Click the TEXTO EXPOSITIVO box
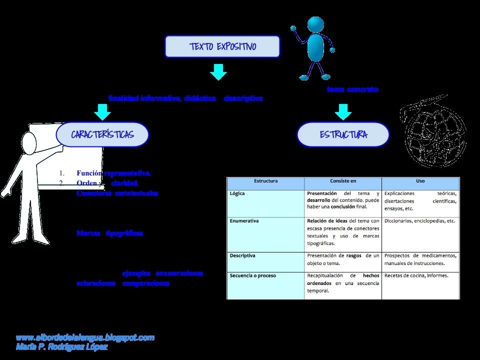(222, 47)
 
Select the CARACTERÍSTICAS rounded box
(102, 135)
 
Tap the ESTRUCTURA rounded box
(343, 135)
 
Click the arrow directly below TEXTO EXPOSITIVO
(218, 72)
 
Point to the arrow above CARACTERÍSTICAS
(102, 111)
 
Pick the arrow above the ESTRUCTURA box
(343, 111)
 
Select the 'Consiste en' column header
(343, 181)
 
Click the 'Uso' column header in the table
(420, 181)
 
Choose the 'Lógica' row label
(237, 193)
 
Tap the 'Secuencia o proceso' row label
(252, 275)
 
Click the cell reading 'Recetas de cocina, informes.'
(416, 275)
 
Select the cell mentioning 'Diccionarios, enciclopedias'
(419, 220)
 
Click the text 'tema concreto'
(352, 89)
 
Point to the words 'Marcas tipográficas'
(110, 233)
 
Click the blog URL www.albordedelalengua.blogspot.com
(85, 337)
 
